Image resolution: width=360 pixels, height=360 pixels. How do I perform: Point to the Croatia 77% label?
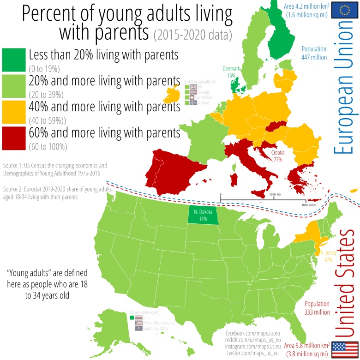click(278, 156)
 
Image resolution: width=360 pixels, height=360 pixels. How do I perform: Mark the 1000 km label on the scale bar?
click(276, 194)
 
